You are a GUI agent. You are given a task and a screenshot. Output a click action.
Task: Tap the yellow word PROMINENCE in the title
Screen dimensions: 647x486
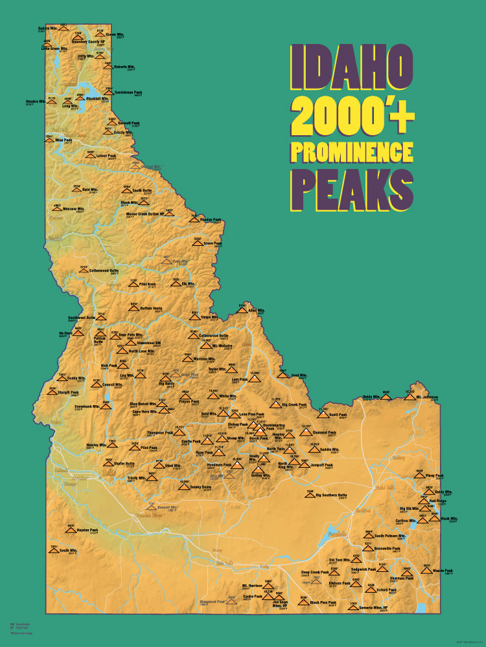click(352, 151)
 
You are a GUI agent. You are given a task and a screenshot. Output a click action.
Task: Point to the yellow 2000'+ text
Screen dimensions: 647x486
click(352, 111)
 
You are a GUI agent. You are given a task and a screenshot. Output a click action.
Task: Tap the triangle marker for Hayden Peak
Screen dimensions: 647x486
click(71, 529)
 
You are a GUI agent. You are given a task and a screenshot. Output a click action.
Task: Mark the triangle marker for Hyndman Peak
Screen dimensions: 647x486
click(237, 463)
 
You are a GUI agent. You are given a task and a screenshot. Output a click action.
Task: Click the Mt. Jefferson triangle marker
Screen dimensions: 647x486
click(410, 395)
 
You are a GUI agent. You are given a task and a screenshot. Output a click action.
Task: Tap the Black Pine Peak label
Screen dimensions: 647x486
click(323, 602)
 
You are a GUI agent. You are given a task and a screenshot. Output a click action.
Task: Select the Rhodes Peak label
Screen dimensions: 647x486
click(211, 220)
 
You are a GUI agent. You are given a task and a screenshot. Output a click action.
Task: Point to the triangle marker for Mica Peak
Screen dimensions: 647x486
click(49, 140)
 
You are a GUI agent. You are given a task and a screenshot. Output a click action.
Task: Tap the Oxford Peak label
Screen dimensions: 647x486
click(386, 589)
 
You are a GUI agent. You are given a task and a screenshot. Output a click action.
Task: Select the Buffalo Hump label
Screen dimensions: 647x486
click(150, 309)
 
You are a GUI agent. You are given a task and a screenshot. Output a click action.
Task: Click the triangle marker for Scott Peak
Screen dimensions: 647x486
click(323, 413)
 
